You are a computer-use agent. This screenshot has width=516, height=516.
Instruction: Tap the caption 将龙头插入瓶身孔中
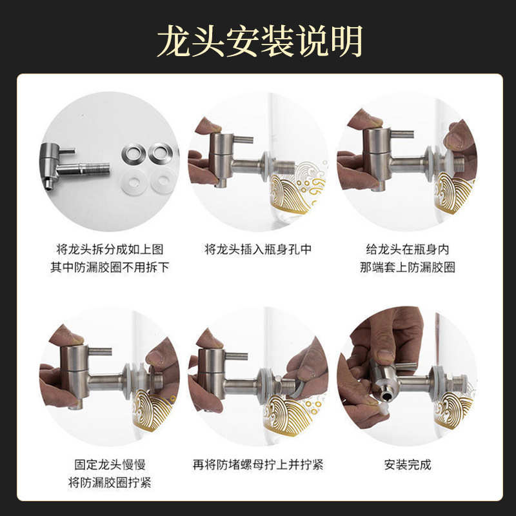point(258,249)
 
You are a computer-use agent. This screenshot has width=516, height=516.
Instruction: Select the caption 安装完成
point(407,464)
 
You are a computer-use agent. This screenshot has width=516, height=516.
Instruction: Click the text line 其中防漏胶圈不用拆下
point(110,266)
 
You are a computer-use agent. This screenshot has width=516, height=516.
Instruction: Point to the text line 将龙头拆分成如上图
point(110,249)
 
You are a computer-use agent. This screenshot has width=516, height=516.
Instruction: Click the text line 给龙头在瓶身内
point(407,249)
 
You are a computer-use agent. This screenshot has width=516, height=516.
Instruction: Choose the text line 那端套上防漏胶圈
point(407,266)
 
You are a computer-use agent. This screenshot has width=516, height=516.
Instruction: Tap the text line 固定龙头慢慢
point(110,464)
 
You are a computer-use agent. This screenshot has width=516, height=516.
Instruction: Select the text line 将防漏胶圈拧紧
point(110,482)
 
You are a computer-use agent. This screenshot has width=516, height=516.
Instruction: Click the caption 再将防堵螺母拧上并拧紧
point(258,464)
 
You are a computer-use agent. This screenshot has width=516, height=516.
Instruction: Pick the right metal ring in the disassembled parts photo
point(160,154)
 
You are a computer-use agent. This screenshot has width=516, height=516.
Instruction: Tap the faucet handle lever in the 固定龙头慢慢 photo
point(98,352)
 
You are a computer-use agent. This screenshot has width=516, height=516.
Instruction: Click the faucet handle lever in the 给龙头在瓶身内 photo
point(400,134)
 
